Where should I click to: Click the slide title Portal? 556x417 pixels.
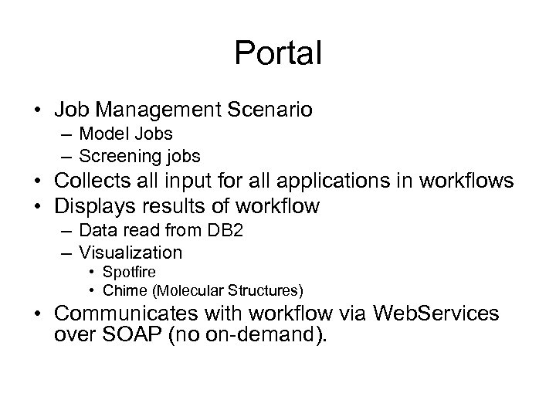[x=278, y=53]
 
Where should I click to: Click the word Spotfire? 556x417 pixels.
[x=130, y=272]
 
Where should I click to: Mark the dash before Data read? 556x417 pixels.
[x=63, y=230]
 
